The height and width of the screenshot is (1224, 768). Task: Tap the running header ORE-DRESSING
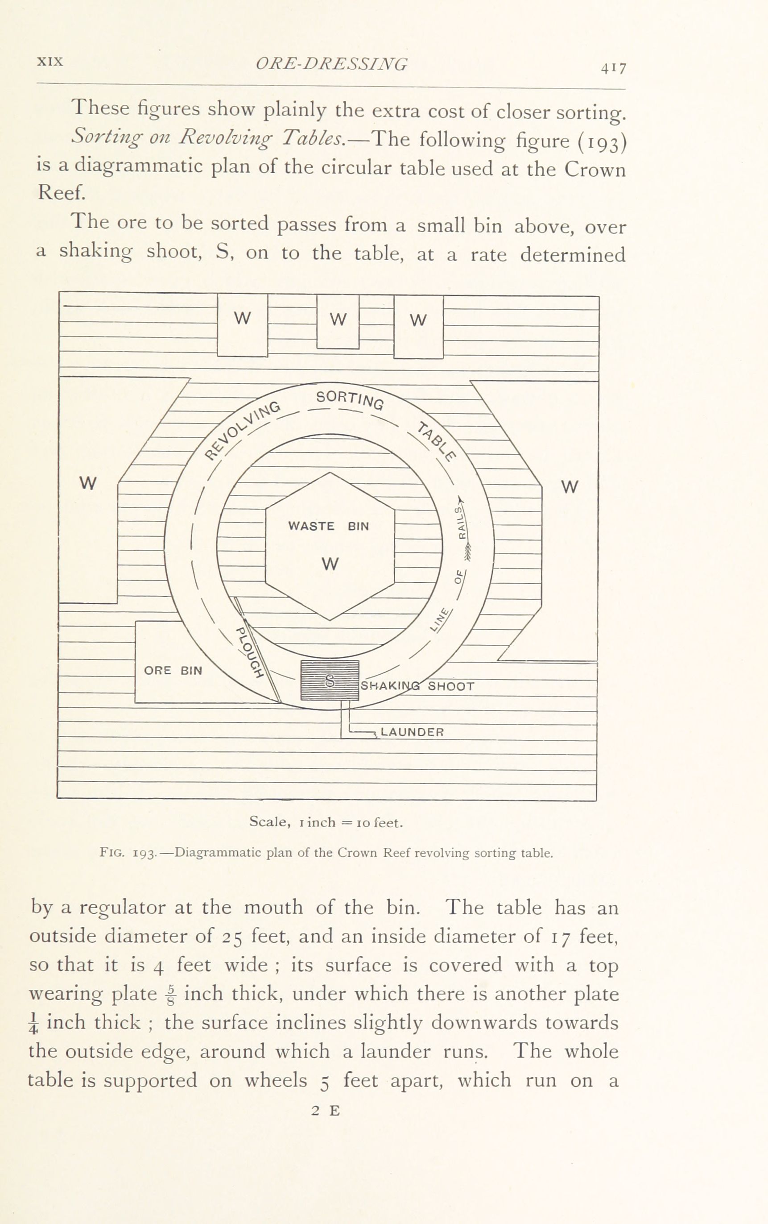[331, 64]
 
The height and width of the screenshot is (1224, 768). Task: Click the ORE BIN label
[173, 671]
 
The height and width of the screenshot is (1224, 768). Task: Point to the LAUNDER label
[412, 732]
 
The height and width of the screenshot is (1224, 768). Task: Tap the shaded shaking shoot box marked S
[330, 680]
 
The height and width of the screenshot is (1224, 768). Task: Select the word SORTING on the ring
[350, 399]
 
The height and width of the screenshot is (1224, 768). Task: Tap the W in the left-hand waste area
[88, 483]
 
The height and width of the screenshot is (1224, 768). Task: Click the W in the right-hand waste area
[570, 487]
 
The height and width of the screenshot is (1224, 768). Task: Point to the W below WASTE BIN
[330, 564]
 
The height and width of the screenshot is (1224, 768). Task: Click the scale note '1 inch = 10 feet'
[326, 822]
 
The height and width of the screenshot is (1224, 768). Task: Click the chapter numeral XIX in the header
[50, 62]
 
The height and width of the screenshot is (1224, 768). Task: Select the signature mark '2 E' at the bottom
[326, 1111]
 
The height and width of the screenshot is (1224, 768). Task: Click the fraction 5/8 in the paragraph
[171, 994]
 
